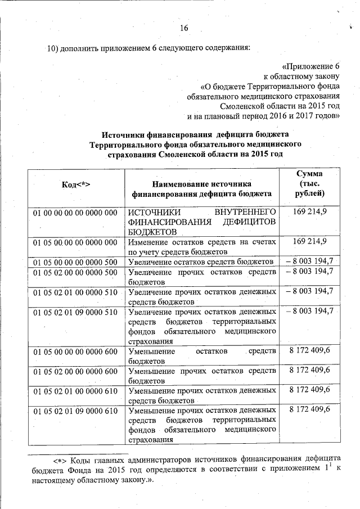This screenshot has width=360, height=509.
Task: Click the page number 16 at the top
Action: point(183,29)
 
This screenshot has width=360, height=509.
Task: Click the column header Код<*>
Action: point(75,185)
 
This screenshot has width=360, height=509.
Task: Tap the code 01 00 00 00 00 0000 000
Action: point(75,213)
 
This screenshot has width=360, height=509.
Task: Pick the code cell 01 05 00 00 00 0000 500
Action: point(75,262)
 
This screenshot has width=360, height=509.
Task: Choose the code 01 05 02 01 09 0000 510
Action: point(75,312)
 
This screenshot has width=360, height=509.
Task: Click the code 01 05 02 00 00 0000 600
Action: point(75,371)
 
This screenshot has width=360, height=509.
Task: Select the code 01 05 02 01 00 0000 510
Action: point(75,292)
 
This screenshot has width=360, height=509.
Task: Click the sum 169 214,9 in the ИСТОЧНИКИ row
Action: point(310,212)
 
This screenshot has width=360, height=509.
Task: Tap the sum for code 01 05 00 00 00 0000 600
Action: point(310,351)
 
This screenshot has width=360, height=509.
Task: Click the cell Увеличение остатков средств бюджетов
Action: point(201,262)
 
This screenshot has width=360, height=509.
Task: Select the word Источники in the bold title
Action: point(125,134)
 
